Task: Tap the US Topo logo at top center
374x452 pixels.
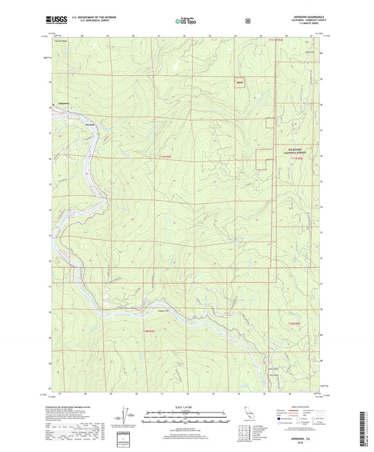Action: click(x=186, y=22)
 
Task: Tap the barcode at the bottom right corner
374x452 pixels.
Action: click(x=366, y=427)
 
